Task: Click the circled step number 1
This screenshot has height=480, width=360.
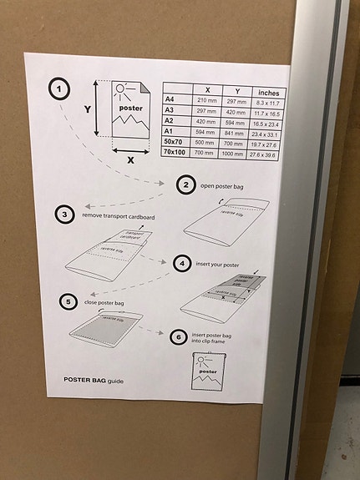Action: pos(60,89)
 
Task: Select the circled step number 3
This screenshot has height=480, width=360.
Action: pos(65,215)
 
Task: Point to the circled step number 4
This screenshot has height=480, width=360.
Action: pos(182,263)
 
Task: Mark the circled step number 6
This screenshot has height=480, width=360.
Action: pos(176,336)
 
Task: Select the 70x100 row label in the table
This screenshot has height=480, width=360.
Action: pos(175,154)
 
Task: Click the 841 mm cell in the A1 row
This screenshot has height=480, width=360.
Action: pos(236,132)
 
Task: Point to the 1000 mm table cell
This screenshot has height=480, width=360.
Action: pos(237,154)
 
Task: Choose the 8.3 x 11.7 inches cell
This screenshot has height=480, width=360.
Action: pos(269,100)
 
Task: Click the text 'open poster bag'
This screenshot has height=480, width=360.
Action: pos(222,186)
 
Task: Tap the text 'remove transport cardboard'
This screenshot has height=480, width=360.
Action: pos(118,215)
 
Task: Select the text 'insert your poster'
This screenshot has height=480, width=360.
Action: pos(219,263)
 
